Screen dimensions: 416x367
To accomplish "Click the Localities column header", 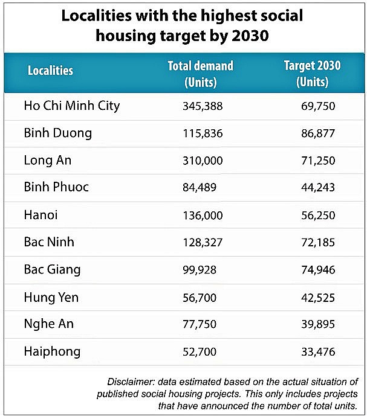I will (x=50, y=71).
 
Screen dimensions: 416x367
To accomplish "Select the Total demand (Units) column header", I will (x=200, y=74).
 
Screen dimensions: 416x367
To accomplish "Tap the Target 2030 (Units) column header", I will (x=312, y=74).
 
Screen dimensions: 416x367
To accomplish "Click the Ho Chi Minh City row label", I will (x=72, y=106).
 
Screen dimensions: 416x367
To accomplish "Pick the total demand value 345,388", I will (x=203, y=106).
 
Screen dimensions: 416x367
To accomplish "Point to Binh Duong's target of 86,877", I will (x=317, y=133).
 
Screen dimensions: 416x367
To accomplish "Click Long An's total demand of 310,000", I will (x=203, y=161).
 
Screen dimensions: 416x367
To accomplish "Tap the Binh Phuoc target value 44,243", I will (x=317, y=188).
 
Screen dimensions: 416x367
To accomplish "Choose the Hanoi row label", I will (x=41, y=214).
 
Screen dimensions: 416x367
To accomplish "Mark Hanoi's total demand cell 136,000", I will (x=203, y=215).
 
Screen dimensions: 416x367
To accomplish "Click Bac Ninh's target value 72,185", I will (x=317, y=242).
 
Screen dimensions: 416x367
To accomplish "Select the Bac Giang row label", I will (x=52, y=269).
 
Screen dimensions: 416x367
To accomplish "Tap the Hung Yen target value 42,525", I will (x=317, y=296).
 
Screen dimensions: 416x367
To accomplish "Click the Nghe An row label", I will (x=49, y=324).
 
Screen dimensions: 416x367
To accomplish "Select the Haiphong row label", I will (x=52, y=351).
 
